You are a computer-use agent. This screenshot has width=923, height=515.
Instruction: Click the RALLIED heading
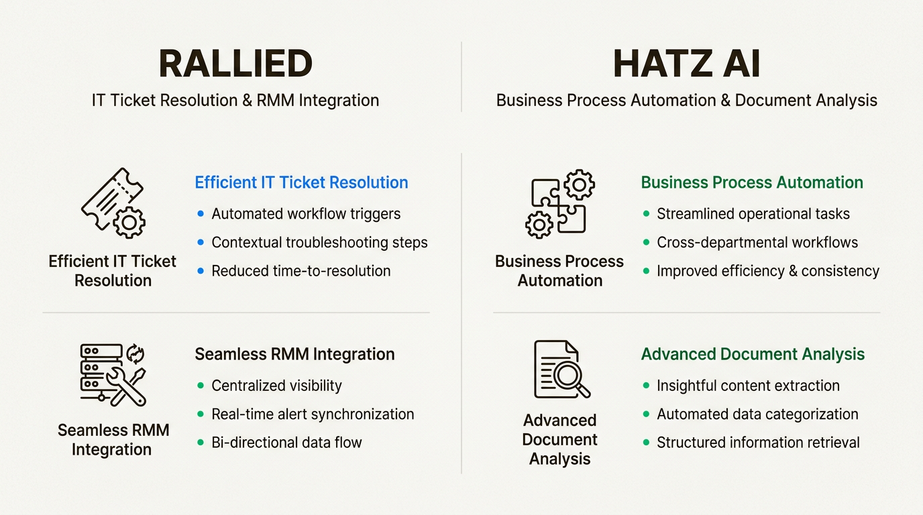(235, 64)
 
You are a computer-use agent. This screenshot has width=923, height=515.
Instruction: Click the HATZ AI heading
(686, 64)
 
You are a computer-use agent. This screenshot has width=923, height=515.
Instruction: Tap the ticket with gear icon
(113, 203)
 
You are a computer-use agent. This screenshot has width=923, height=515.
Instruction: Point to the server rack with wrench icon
(113, 374)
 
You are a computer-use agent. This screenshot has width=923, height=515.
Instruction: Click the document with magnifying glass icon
(560, 369)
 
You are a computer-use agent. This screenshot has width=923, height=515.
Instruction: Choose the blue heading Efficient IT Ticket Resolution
(301, 182)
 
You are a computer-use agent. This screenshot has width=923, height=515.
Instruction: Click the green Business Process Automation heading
(752, 182)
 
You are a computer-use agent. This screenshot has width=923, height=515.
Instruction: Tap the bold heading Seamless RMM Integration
(294, 354)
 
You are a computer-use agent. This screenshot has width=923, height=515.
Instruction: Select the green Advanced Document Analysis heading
(753, 354)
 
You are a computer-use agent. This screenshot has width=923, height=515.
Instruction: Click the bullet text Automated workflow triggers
(306, 214)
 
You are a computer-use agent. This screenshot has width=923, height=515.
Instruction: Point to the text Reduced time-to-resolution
(301, 271)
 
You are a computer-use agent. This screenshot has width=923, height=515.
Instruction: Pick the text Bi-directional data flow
(286, 443)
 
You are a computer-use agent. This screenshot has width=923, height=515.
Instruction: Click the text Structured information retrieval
(758, 443)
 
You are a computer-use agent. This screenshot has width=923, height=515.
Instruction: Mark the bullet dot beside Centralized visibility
(201, 386)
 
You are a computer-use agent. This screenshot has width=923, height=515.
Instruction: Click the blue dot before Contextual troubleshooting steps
(201, 242)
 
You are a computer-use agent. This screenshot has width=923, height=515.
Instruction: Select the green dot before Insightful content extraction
(646, 386)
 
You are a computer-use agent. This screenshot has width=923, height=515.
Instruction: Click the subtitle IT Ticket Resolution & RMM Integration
(235, 101)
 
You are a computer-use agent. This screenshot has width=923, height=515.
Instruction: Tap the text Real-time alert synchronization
(313, 414)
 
